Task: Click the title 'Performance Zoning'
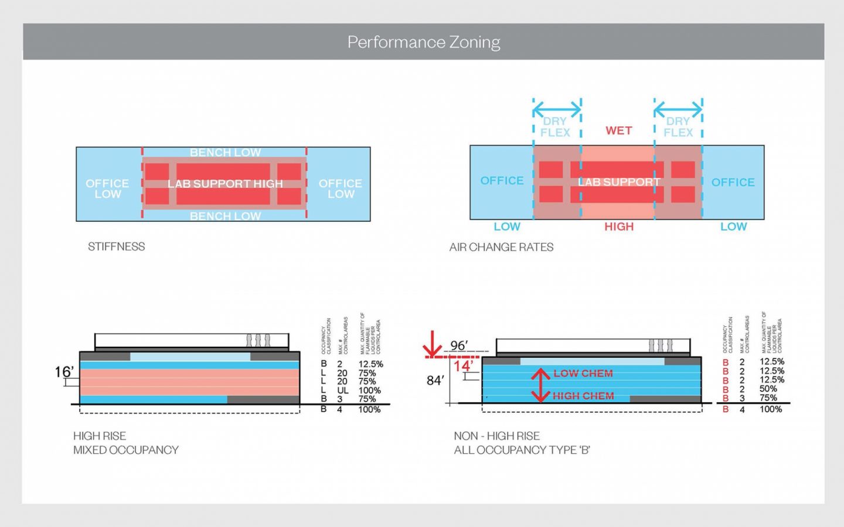tap(423, 42)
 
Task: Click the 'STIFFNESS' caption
tap(116, 247)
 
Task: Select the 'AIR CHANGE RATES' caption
tap(501, 247)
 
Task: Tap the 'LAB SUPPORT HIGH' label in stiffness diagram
tap(225, 184)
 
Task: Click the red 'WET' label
tap(618, 131)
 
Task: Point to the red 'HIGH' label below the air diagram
tap(619, 227)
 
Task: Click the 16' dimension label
tap(64, 372)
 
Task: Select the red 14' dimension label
tap(463, 366)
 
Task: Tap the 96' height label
tap(459, 345)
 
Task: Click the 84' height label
tap(435, 381)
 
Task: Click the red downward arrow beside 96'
tap(433, 344)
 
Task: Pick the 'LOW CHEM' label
tap(583, 374)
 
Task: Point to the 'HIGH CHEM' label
tap(583, 396)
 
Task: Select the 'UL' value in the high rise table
tap(342, 391)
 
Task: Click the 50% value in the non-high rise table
tap(768, 389)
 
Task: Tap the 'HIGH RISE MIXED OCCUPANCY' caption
tap(125, 443)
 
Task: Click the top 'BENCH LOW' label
tap(225, 153)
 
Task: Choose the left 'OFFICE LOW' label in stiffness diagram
tap(107, 189)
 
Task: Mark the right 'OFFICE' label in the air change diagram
tap(733, 182)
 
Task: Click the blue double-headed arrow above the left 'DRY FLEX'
tap(557, 108)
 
